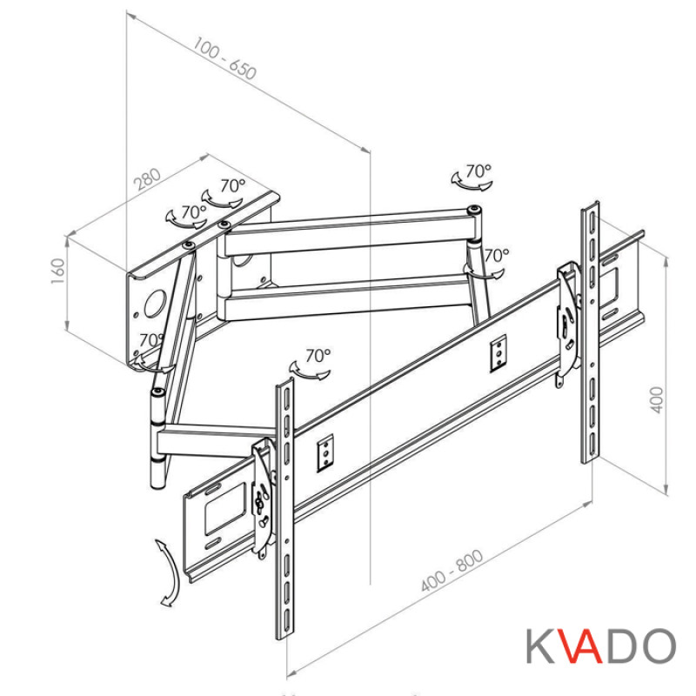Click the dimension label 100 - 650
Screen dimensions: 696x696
225,60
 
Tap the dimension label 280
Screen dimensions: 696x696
148,177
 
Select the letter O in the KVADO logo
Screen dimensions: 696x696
659,646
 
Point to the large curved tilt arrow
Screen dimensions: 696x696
167,571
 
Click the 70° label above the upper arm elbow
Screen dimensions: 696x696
478,171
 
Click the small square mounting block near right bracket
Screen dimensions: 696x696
498,352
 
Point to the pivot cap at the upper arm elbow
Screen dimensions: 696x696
474,210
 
